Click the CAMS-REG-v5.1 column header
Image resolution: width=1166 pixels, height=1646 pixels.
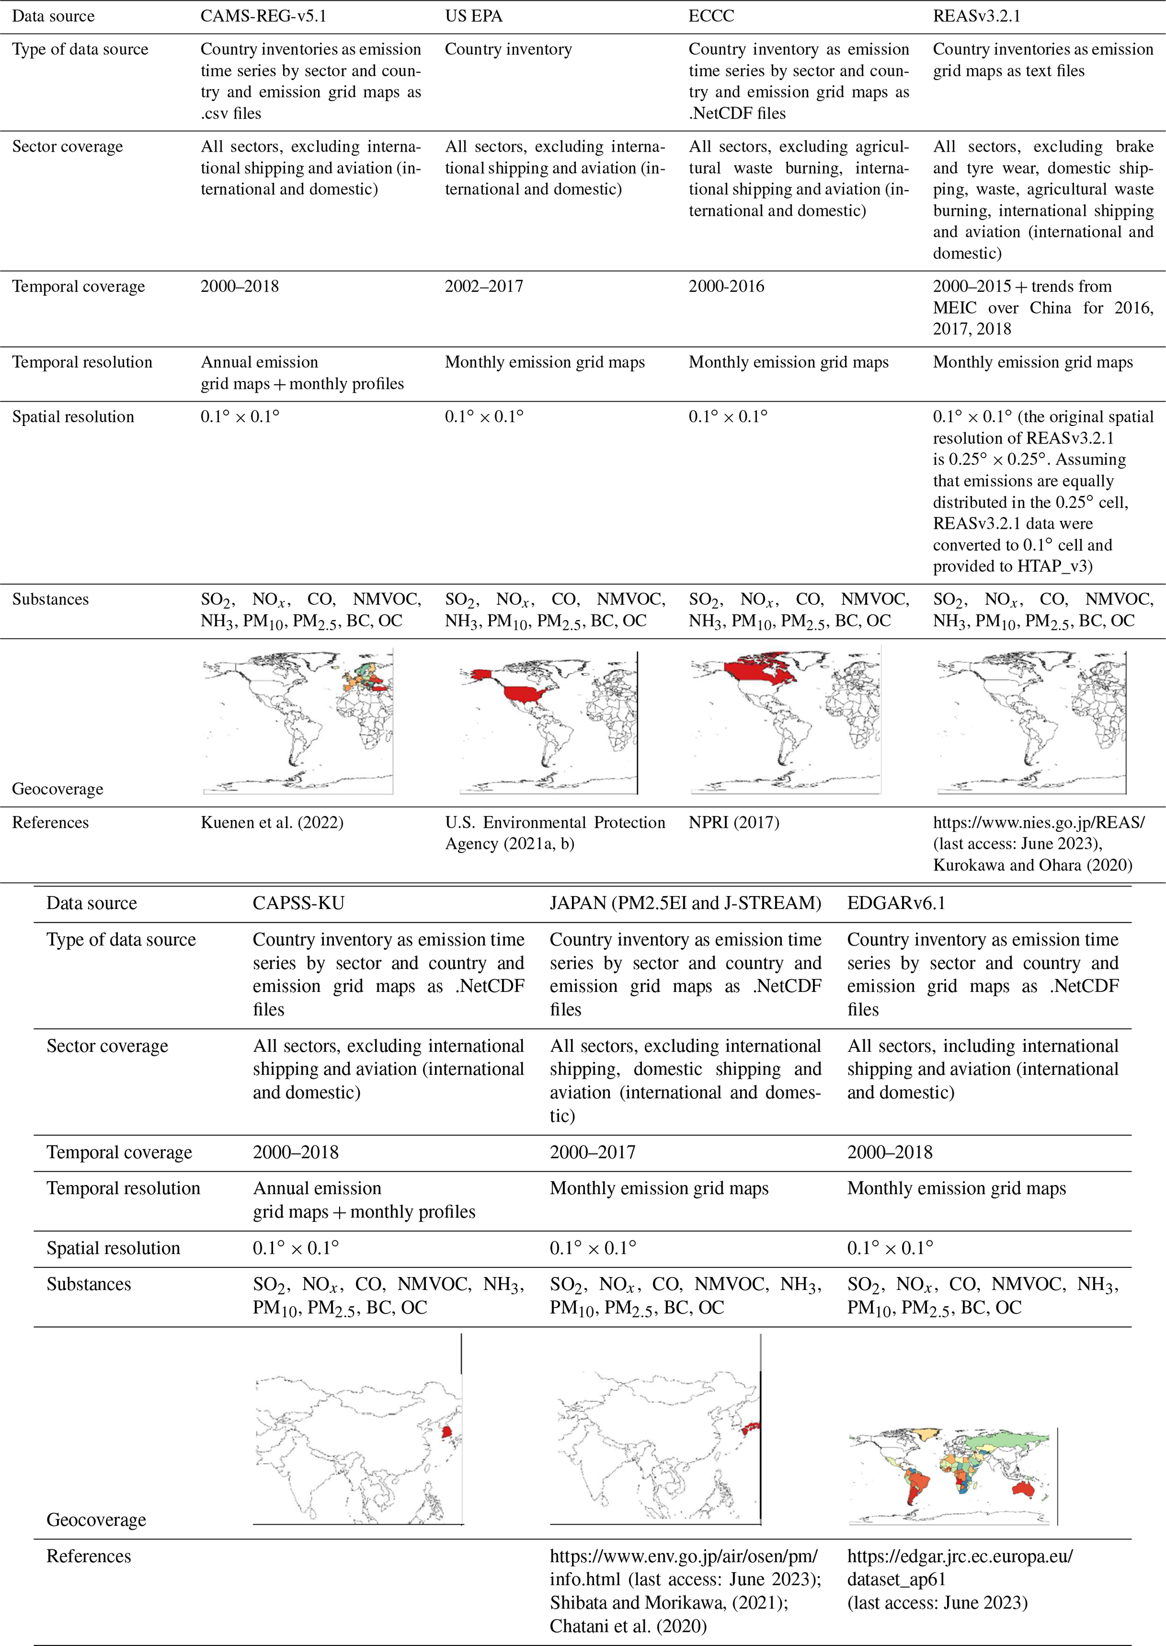[263, 16]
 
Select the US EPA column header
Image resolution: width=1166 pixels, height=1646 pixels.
[473, 16]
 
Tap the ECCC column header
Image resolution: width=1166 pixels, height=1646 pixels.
[711, 16]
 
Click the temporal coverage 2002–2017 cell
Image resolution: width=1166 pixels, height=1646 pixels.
[483, 287]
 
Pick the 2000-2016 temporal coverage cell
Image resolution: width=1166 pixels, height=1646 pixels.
[726, 287]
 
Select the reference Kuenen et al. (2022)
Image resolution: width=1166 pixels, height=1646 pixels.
[271, 822]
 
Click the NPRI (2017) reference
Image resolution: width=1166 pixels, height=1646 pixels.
[734, 822]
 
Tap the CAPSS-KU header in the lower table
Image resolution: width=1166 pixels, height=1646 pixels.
[298, 903]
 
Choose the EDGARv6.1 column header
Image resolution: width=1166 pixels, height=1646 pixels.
[896, 903]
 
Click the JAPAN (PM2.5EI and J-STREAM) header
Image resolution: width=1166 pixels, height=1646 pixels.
[685, 903]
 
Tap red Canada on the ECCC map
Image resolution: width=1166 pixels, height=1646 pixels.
[761, 671]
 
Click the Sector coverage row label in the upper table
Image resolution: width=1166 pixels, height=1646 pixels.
[68, 147]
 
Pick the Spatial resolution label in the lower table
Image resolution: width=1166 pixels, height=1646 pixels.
[113, 1248]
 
